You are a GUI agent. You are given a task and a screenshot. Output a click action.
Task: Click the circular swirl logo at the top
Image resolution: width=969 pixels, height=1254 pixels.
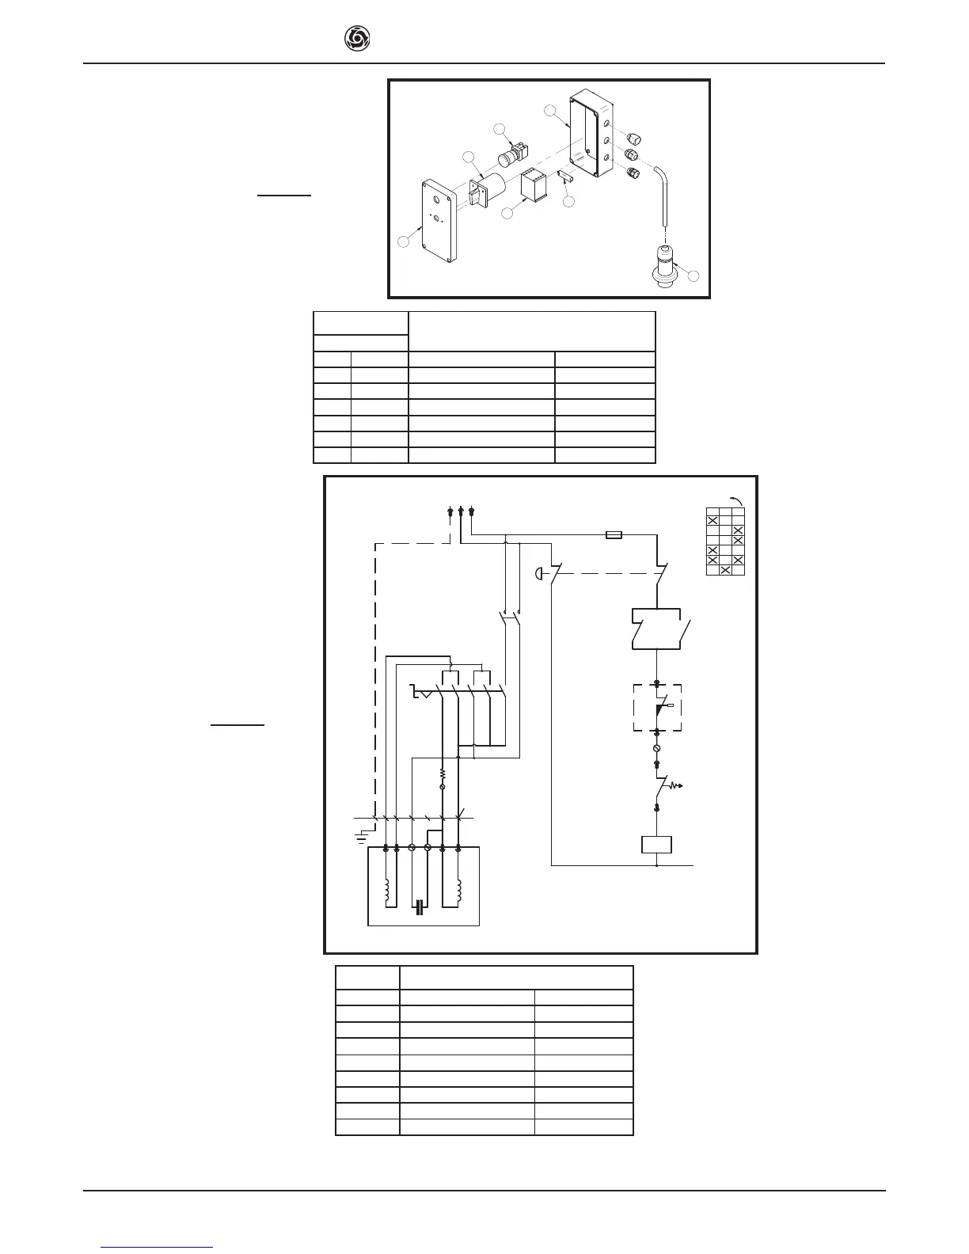click(x=357, y=39)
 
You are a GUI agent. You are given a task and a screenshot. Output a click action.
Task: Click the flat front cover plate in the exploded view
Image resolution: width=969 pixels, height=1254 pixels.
click(x=439, y=220)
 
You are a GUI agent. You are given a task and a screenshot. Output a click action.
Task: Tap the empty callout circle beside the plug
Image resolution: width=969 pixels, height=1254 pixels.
click(x=694, y=276)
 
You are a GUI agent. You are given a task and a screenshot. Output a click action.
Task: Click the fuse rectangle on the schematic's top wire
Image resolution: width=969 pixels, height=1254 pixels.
click(x=614, y=535)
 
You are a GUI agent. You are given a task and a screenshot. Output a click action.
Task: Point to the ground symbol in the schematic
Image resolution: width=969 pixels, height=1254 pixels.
click(x=362, y=834)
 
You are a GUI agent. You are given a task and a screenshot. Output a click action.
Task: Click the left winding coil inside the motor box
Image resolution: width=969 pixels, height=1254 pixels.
click(x=387, y=893)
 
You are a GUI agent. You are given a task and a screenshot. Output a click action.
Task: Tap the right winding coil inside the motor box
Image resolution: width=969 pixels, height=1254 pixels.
click(x=458, y=891)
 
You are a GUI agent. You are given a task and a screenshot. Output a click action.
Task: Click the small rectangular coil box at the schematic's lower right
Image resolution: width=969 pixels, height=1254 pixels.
click(x=656, y=845)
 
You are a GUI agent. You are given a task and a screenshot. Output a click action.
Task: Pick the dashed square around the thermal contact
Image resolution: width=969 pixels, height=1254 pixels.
click(x=657, y=708)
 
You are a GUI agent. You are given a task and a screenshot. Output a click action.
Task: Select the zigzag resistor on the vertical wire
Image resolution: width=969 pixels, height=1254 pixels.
click(x=443, y=773)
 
